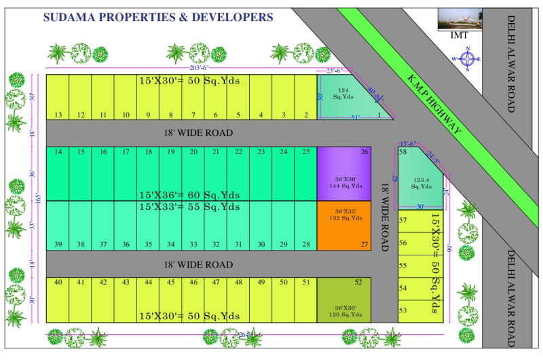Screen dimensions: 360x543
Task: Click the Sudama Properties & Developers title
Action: tap(158, 17)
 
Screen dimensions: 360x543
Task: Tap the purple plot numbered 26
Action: tap(344, 174)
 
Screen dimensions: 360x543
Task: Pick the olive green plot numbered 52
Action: tap(344, 300)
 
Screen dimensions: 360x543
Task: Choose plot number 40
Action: tap(58, 300)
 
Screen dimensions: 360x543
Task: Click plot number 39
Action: tap(58, 227)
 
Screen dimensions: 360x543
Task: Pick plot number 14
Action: tap(58, 174)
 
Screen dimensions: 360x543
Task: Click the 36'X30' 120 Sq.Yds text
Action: tap(344, 312)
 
